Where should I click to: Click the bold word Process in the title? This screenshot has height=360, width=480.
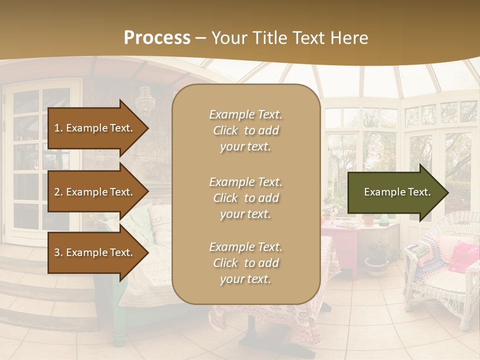157,38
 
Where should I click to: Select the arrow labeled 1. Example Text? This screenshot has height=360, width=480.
95,128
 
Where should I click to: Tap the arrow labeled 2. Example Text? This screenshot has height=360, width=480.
95,192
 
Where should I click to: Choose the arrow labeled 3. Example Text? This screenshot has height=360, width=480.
95,252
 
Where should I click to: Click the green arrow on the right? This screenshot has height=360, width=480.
395,192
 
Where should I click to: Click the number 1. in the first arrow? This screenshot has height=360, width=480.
58,128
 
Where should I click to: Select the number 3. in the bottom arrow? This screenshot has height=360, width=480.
58,252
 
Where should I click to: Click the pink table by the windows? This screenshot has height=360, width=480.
340,240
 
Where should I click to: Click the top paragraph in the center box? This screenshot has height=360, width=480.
245,130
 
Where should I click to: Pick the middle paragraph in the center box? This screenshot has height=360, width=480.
245,198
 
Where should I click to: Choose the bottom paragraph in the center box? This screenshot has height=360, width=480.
245,263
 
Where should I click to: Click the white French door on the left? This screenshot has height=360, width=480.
40,160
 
